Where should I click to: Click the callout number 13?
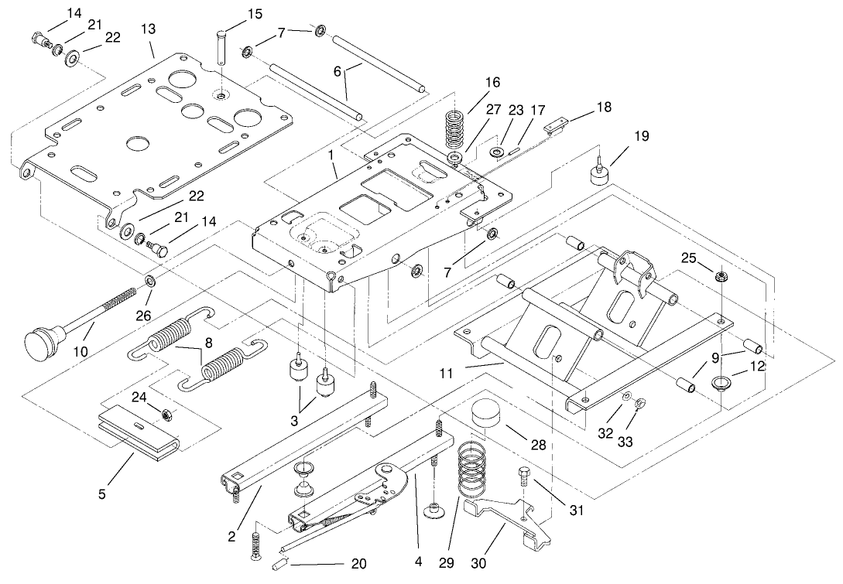coord(147,29)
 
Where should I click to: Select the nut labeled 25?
coord(720,275)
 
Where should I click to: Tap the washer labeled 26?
coord(150,278)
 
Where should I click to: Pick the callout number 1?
coord(331,155)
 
